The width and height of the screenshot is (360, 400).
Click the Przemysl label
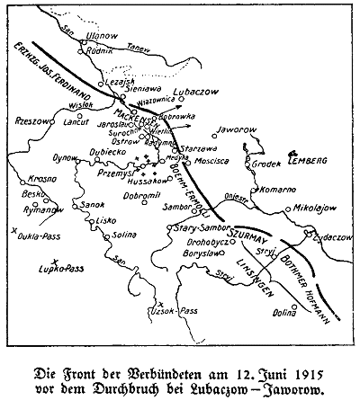click(x=111, y=175)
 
